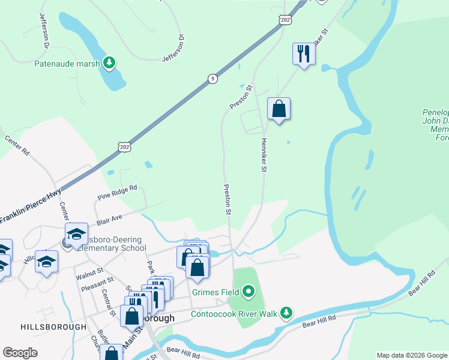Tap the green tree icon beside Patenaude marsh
click(x=109, y=62)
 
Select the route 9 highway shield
click(x=212, y=79)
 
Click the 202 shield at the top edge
click(x=285, y=19)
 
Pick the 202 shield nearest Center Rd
click(x=124, y=146)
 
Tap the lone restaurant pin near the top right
click(x=304, y=55)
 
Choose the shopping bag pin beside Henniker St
click(x=279, y=109)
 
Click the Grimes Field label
click(x=215, y=293)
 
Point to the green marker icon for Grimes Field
click(x=249, y=293)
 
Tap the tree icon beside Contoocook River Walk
click(x=287, y=313)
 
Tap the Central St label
click(x=109, y=302)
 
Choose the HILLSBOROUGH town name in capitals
click(x=53, y=327)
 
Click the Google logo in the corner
click(x=20, y=353)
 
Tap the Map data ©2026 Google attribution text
click(x=412, y=355)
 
